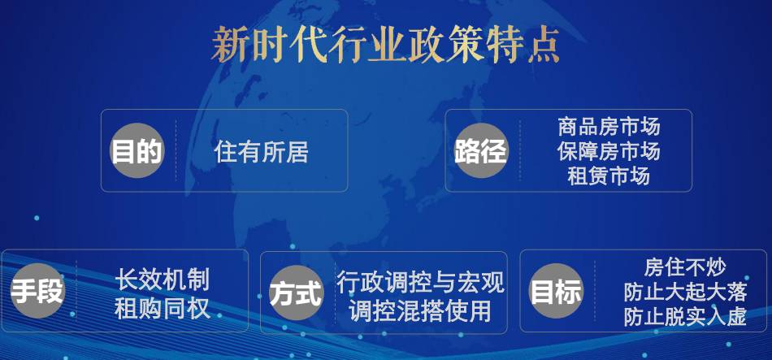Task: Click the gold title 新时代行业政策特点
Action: (x=385, y=46)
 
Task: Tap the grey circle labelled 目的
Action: (x=137, y=150)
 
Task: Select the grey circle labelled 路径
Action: (x=480, y=150)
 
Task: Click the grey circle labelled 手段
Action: (x=37, y=291)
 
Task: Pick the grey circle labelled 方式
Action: (x=297, y=293)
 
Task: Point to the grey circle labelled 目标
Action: (x=556, y=291)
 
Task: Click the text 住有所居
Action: (x=262, y=151)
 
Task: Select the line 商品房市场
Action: (x=609, y=127)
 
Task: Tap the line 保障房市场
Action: (x=609, y=151)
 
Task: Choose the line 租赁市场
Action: (x=609, y=176)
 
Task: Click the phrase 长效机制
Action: (x=163, y=280)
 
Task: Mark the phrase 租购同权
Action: (x=163, y=309)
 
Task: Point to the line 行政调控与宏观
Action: (x=420, y=283)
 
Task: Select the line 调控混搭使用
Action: (x=420, y=311)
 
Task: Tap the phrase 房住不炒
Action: (x=685, y=267)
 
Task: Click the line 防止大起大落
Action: (x=685, y=292)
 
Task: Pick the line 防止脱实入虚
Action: (x=685, y=317)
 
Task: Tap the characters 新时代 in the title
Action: (x=268, y=46)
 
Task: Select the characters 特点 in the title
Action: (x=522, y=46)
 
